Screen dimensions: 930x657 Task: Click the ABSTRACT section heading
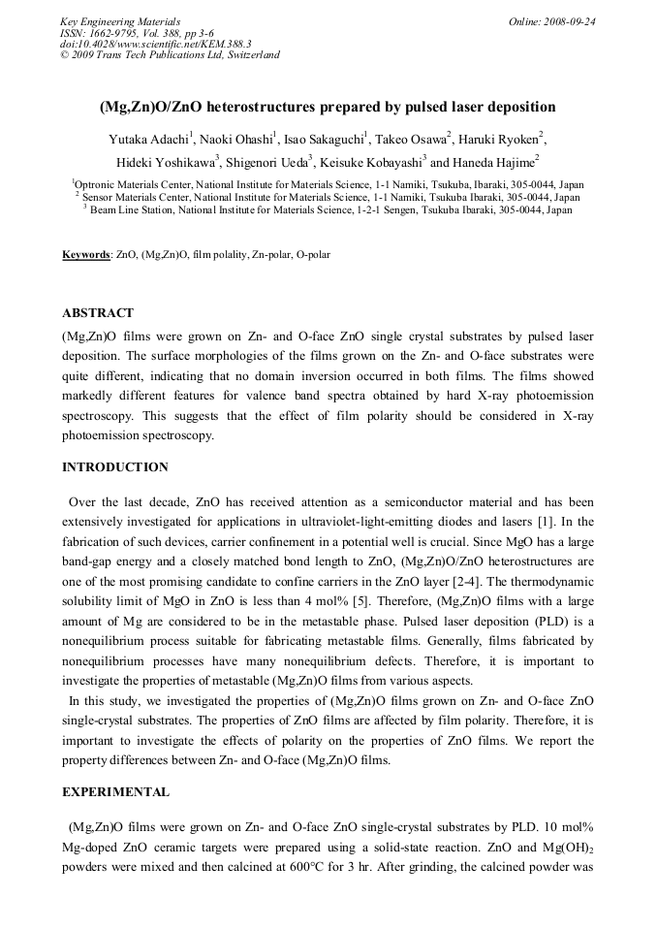pyautogui.click(x=98, y=313)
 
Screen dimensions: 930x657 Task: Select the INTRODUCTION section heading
pyautogui.click(x=115, y=466)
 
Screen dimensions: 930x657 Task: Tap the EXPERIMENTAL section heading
pyautogui.click(x=116, y=791)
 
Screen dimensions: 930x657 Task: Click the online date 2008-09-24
pyautogui.click(x=570, y=20)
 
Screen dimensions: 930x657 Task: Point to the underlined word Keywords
pyautogui.click(x=86, y=255)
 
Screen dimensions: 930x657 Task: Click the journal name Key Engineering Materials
pyautogui.click(x=120, y=20)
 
